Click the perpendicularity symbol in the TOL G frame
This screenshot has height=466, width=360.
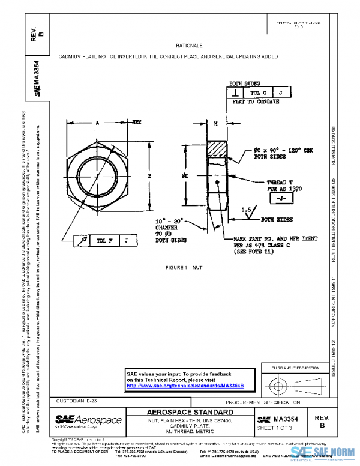pyautogui.click(x=235, y=92)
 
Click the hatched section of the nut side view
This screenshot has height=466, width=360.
pyautogui.click(x=217, y=149)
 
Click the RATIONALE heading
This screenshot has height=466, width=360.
pyautogui.click(x=189, y=46)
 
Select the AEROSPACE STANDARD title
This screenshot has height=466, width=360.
pyautogui.click(x=190, y=413)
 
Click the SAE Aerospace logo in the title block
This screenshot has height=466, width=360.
pyautogui.click(x=88, y=419)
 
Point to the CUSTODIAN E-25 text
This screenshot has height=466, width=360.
pyautogui.click(x=76, y=400)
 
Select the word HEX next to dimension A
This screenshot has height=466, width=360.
pyautogui.click(x=136, y=122)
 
